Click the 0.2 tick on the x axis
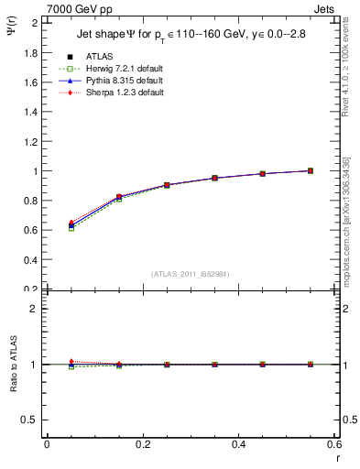tap(143, 444)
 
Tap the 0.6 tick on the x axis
tap(334, 444)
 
